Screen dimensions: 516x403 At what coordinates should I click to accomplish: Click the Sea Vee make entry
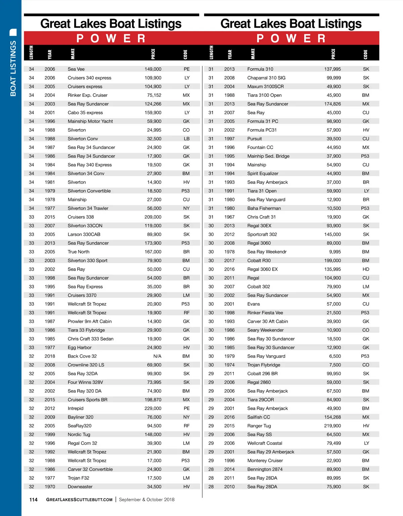76,69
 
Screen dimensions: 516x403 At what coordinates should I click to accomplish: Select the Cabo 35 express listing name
85,113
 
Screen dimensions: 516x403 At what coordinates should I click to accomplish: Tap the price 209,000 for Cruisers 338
153,217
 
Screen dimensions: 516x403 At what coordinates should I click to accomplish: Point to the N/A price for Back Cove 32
157,356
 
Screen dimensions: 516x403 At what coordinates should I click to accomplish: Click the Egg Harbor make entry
80,348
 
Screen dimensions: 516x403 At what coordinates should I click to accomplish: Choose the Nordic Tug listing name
79,435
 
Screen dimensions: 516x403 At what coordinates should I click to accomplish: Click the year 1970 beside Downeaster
50,487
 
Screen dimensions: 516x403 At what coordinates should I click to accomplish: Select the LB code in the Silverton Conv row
187,139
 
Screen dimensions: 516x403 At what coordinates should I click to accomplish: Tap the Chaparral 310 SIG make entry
266,78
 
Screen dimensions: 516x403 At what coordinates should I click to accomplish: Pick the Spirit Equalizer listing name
263,174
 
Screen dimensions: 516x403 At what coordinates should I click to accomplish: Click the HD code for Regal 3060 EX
366,269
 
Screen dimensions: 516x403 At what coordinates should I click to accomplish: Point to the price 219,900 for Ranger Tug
332,426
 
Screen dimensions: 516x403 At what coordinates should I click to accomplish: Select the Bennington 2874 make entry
265,469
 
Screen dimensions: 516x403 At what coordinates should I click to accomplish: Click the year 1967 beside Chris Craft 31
229,217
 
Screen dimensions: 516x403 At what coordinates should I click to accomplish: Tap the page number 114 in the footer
34,500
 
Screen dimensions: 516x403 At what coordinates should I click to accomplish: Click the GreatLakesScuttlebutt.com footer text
79,500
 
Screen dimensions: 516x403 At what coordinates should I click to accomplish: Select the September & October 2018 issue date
147,500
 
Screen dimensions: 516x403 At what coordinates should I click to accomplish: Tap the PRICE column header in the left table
153,54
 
